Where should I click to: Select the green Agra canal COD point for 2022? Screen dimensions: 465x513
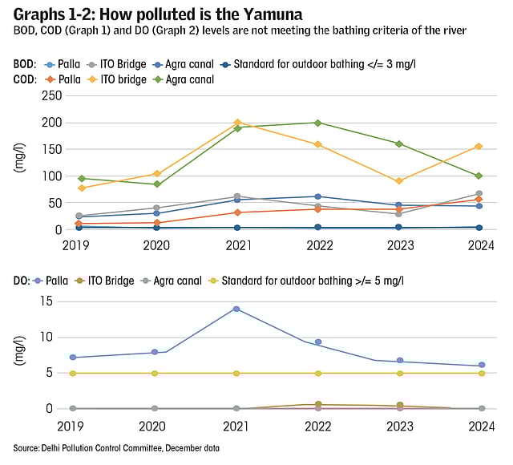tap(318, 123)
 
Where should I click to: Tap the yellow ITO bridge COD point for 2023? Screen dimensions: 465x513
tap(399, 181)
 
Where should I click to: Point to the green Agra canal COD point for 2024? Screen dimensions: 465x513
tap(479, 176)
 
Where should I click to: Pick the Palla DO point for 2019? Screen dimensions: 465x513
tap(73, 358)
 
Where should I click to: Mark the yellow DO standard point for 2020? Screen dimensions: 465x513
tap(156, 373)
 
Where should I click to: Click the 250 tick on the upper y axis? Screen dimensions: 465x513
tap(51, 95)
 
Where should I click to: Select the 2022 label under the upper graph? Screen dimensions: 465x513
tap(318, 245)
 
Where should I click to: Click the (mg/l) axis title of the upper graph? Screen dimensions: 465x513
tap(19, 161)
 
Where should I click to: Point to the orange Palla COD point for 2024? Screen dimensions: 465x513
tap(479, 200)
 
